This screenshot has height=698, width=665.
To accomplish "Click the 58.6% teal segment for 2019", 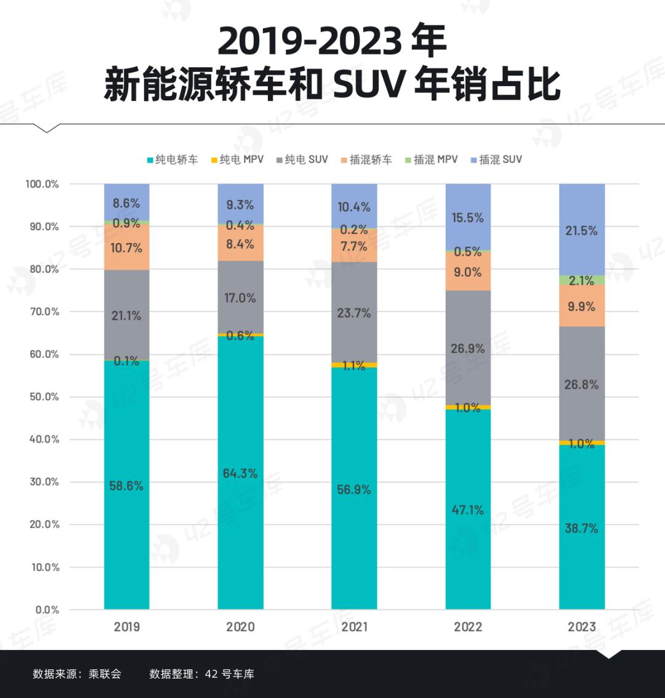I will click(x=127, y=486).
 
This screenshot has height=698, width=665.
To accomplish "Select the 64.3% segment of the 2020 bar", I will click(x=240, y=473).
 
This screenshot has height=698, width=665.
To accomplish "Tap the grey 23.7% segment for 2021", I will click(x=354, y=313).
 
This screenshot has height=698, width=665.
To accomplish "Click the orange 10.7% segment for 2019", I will click(x=127, y=247).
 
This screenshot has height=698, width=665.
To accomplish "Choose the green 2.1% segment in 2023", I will click(x=582, y=280).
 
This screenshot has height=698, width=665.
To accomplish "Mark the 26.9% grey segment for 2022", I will click(x=468, y=348).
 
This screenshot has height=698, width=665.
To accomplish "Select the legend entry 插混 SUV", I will click(x=496, y=159).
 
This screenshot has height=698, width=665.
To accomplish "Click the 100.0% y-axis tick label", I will click(x=42, y=184).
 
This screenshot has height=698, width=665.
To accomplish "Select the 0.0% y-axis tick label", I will click(x=47, y=610).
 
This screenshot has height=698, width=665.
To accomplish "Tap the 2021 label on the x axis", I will click(x=354, y=627).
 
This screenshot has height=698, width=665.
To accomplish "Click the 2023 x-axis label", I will click(x=582, y=627).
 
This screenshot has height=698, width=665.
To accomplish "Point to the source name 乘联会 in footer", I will click(x=105, y=674).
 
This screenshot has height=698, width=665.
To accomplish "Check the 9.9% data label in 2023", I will click(x=582, y=307).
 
